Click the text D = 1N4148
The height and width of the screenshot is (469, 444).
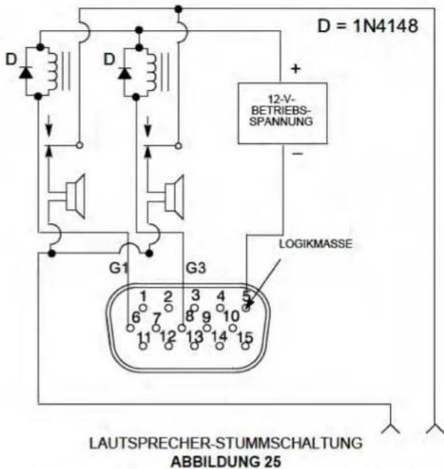368,26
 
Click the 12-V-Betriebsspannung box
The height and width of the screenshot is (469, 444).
282,113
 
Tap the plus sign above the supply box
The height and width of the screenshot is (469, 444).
296,69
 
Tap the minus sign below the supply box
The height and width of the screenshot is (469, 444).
298,153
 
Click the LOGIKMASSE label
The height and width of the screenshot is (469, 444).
316,244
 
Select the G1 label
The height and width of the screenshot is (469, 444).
118,268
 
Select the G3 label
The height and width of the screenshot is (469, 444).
196,268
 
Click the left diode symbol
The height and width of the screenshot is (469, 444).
26,73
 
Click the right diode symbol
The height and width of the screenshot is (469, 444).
124,73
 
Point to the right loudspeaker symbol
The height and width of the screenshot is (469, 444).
174,197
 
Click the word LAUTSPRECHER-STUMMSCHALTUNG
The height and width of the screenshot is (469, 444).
226,443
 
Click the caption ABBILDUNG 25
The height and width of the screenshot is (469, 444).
226,461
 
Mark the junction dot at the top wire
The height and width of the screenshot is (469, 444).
179,10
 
